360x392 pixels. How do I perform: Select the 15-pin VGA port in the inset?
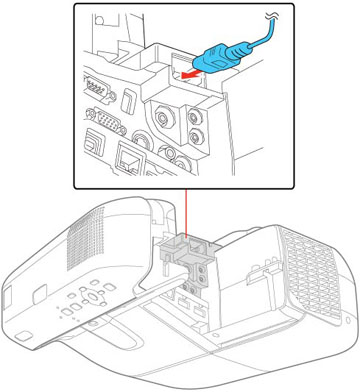tap(103, 126)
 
